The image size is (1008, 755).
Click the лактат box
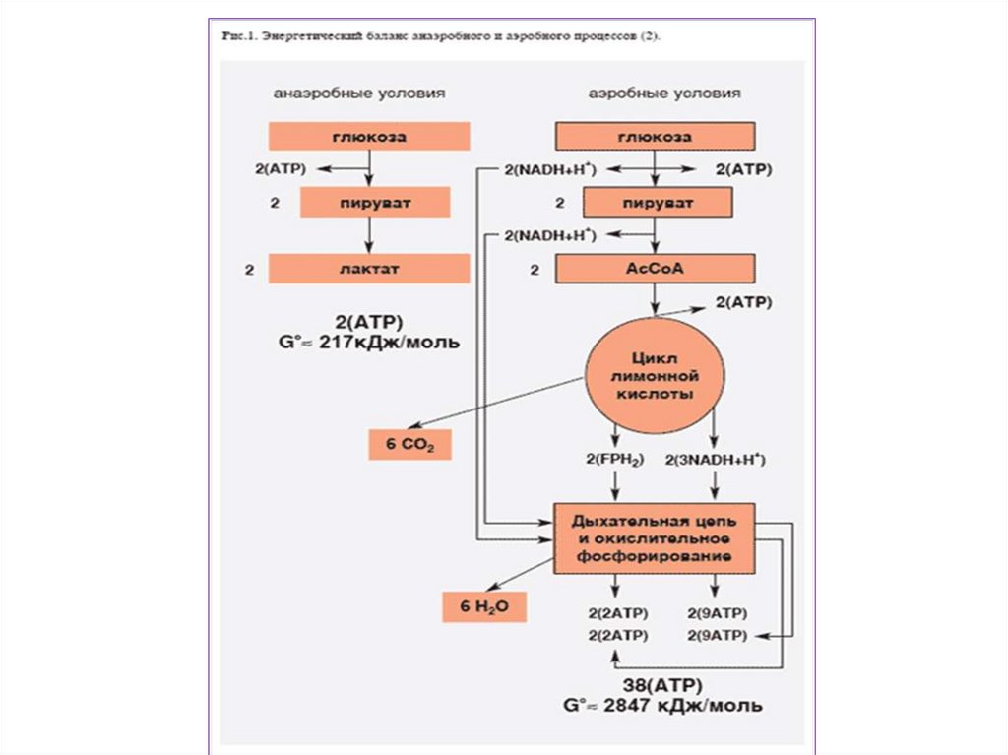pyautogui.click(x=368, y=268)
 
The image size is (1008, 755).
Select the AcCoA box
pyautogui.click(x=656, y=268)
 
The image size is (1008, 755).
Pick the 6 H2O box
pyautogui.click(x=482, y=607)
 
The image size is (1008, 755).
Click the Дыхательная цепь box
pyautogui.click(x=655, y=537)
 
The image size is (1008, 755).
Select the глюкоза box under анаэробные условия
pyautogui.click(x=368, y=136)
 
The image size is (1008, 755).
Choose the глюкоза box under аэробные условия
pyautogui.click(x=656, y=136)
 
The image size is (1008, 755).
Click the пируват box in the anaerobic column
pyautogui.click(x=375, y=203)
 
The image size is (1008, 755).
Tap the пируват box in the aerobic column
pyautogui.click(x=658, y=203)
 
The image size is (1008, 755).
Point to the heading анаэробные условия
pyautogui.click(x=359, y=94)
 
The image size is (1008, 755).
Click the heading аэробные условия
pyautogui.click(x=664, y=94)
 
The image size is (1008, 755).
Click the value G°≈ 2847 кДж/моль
pyautogui.click(x=663, y=707)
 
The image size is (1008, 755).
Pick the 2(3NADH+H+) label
pyautogui.click(x=716, y=460)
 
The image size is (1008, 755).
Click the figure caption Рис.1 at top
pyautogui.click(x=441, y=36)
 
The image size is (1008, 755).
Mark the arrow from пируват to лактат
pyautogui.click(x=368, y=235)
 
